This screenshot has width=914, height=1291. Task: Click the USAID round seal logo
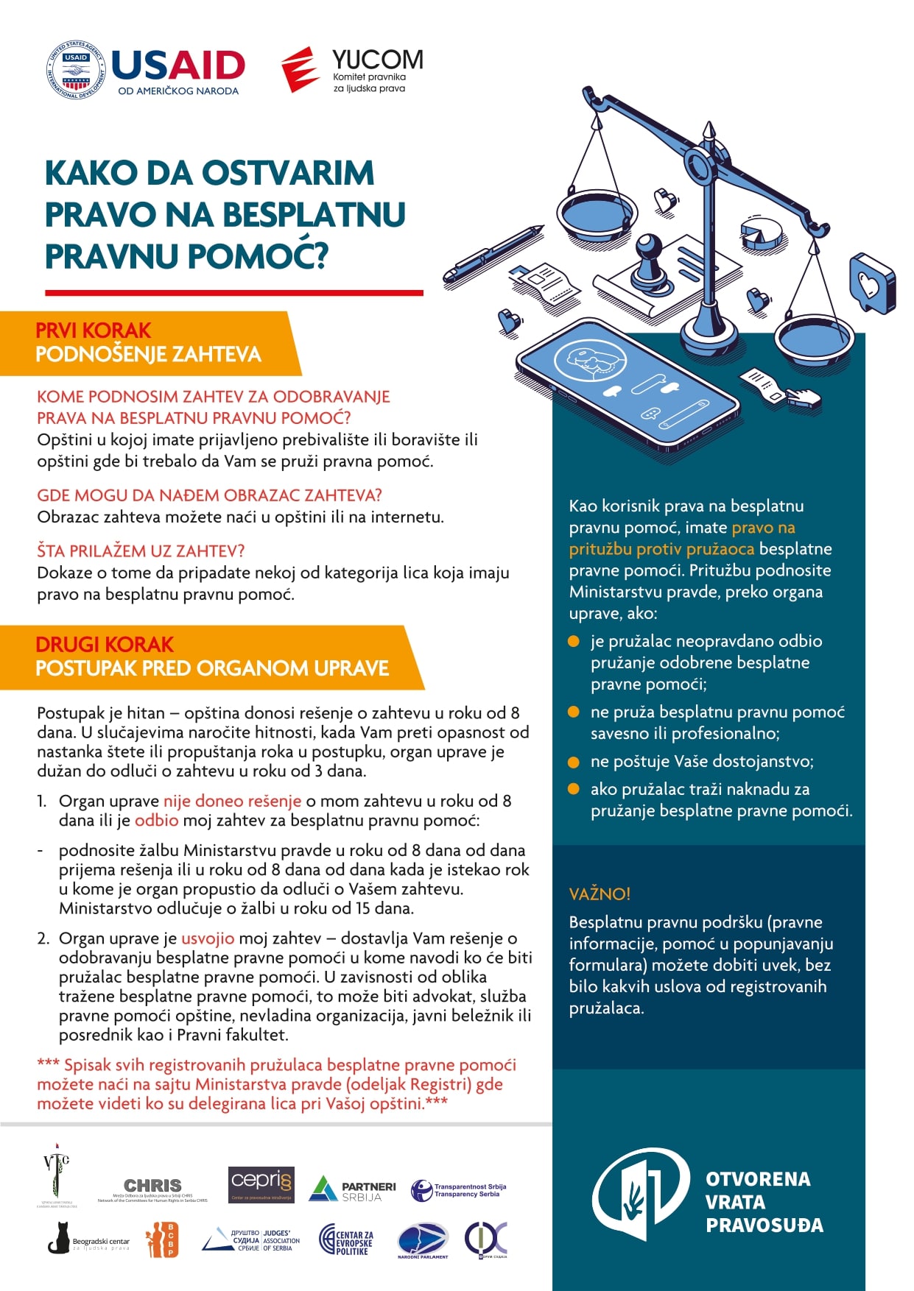76,70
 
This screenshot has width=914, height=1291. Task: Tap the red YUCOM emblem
300,70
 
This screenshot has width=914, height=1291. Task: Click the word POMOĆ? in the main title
257,256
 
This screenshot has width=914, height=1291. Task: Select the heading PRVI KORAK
93,330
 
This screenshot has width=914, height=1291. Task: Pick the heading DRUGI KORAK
104,645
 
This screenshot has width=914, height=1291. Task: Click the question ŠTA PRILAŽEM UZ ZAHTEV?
141,551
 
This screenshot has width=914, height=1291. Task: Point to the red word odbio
156,820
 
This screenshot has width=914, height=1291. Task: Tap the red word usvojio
208,938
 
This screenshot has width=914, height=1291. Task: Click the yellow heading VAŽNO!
600,894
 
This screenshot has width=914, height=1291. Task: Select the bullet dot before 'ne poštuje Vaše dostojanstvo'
574,762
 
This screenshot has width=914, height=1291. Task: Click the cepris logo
261,1184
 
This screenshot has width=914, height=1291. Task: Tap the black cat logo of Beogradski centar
59,1239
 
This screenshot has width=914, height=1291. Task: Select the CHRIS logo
152,1186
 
